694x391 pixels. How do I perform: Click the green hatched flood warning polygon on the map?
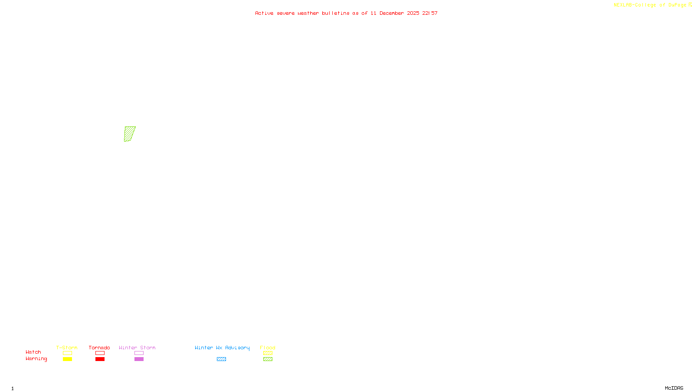tap(130, 134)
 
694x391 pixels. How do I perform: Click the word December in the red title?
tap(392, 13)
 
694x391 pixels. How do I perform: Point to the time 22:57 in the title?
tap(430, 13)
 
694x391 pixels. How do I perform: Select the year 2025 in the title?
tap(413, 13)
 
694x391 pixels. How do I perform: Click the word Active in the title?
tap(264, 13)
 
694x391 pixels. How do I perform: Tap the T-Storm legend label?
tap(67, 348)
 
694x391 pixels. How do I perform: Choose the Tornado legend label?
tap(99, 348)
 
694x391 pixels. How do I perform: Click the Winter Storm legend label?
tap(137, 348)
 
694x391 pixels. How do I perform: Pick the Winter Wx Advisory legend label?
tap(222, 348)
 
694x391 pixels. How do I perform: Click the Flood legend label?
tap(268, 348)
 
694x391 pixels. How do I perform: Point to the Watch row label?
tap(33, 352)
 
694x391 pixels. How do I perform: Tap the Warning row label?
tap(36, 359)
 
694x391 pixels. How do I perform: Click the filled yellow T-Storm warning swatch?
tap(67, 359)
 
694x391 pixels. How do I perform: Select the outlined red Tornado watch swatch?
tap(100, 353)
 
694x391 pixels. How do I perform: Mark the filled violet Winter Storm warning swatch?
tap(139, 359)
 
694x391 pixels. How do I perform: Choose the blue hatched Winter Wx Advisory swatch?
tap(221, 359)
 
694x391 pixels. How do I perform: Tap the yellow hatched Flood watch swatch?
tap(268, 353)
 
